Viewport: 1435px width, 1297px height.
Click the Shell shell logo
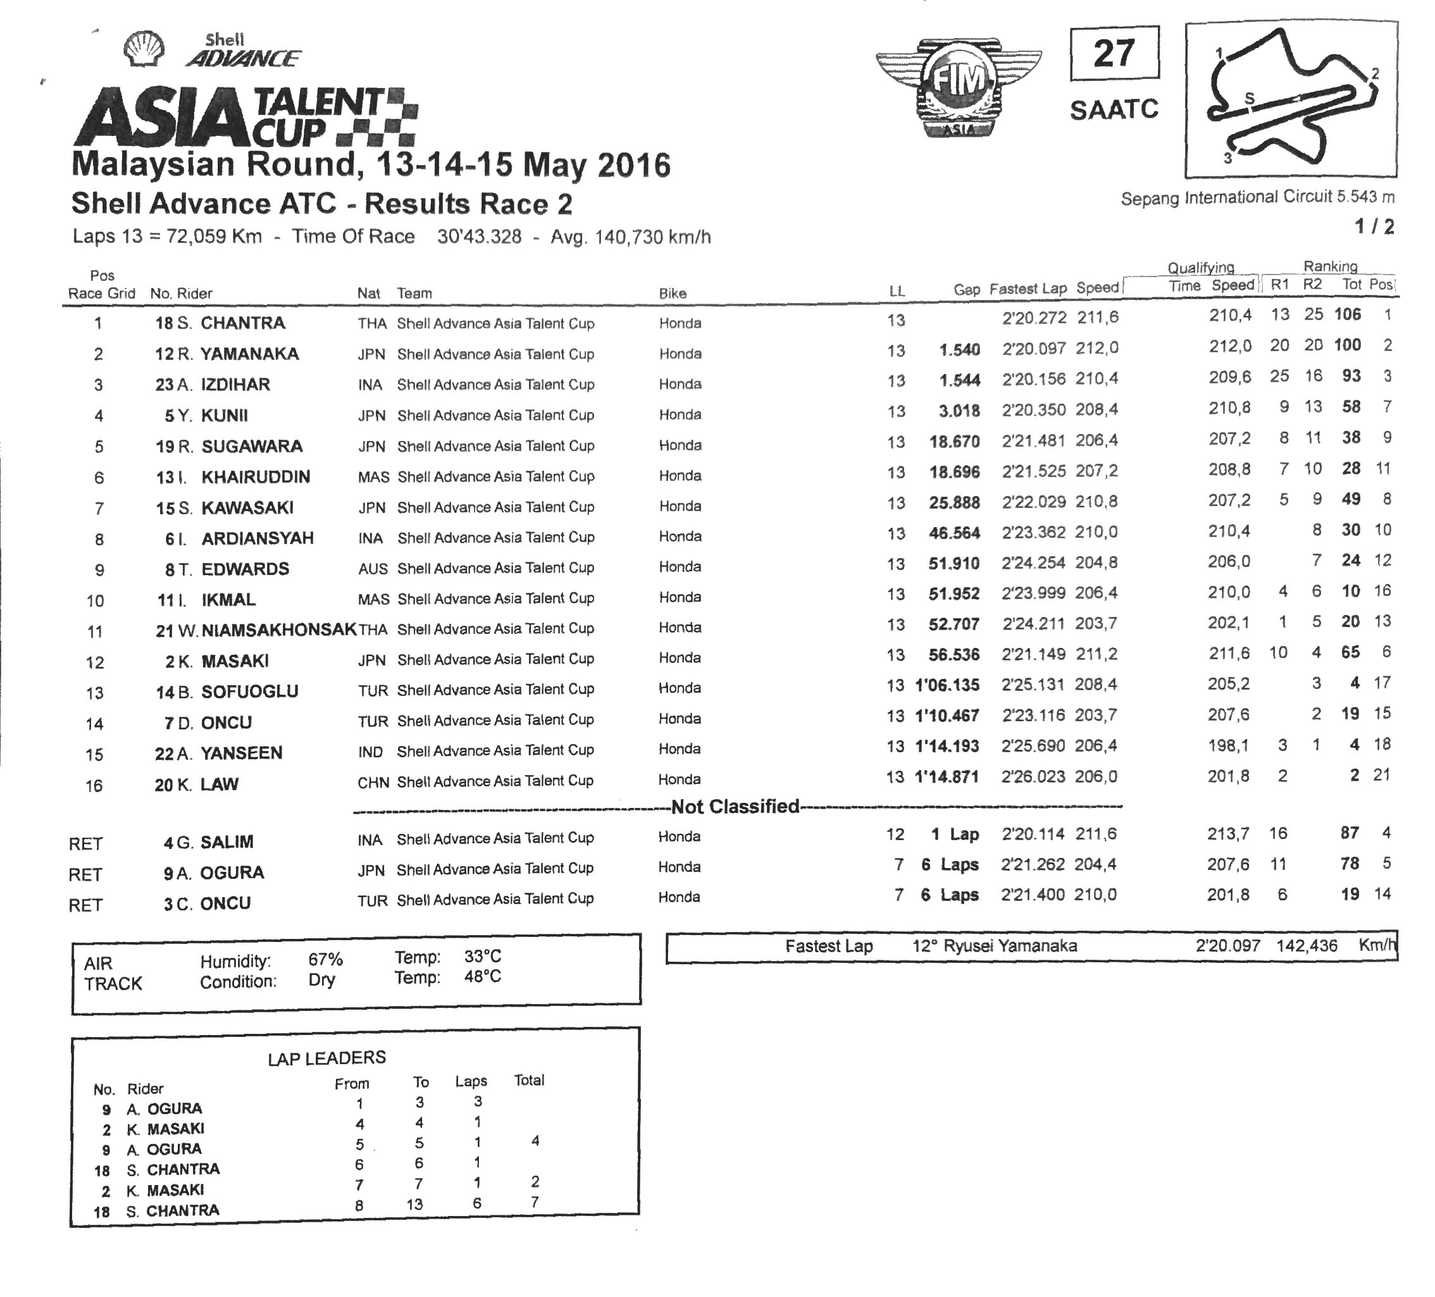[144, 49]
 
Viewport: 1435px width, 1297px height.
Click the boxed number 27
[1114, 53]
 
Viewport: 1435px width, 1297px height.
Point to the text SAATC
[1114, 109]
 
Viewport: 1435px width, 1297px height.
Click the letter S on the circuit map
[1248, 98]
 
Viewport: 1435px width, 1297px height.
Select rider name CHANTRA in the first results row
[243, 323]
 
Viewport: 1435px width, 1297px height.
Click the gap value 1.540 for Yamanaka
[959, 351]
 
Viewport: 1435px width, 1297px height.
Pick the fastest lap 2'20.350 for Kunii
[1034, 411]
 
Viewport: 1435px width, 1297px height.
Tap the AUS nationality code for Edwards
[373, 569]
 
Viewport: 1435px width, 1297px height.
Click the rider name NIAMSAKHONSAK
[279, 630]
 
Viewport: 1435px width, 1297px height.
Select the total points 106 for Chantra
[1348, 314]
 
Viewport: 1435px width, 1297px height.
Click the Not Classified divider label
[735, 807]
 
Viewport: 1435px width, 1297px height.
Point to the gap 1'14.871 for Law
[947, 777]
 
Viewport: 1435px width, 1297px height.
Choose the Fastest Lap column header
[1028, 289]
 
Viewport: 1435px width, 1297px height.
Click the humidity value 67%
[325, 960]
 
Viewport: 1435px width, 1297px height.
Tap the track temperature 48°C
[483, 977]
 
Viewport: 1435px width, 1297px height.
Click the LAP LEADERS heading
[326, 1058]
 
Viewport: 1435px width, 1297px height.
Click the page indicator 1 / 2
[1374, 227]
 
